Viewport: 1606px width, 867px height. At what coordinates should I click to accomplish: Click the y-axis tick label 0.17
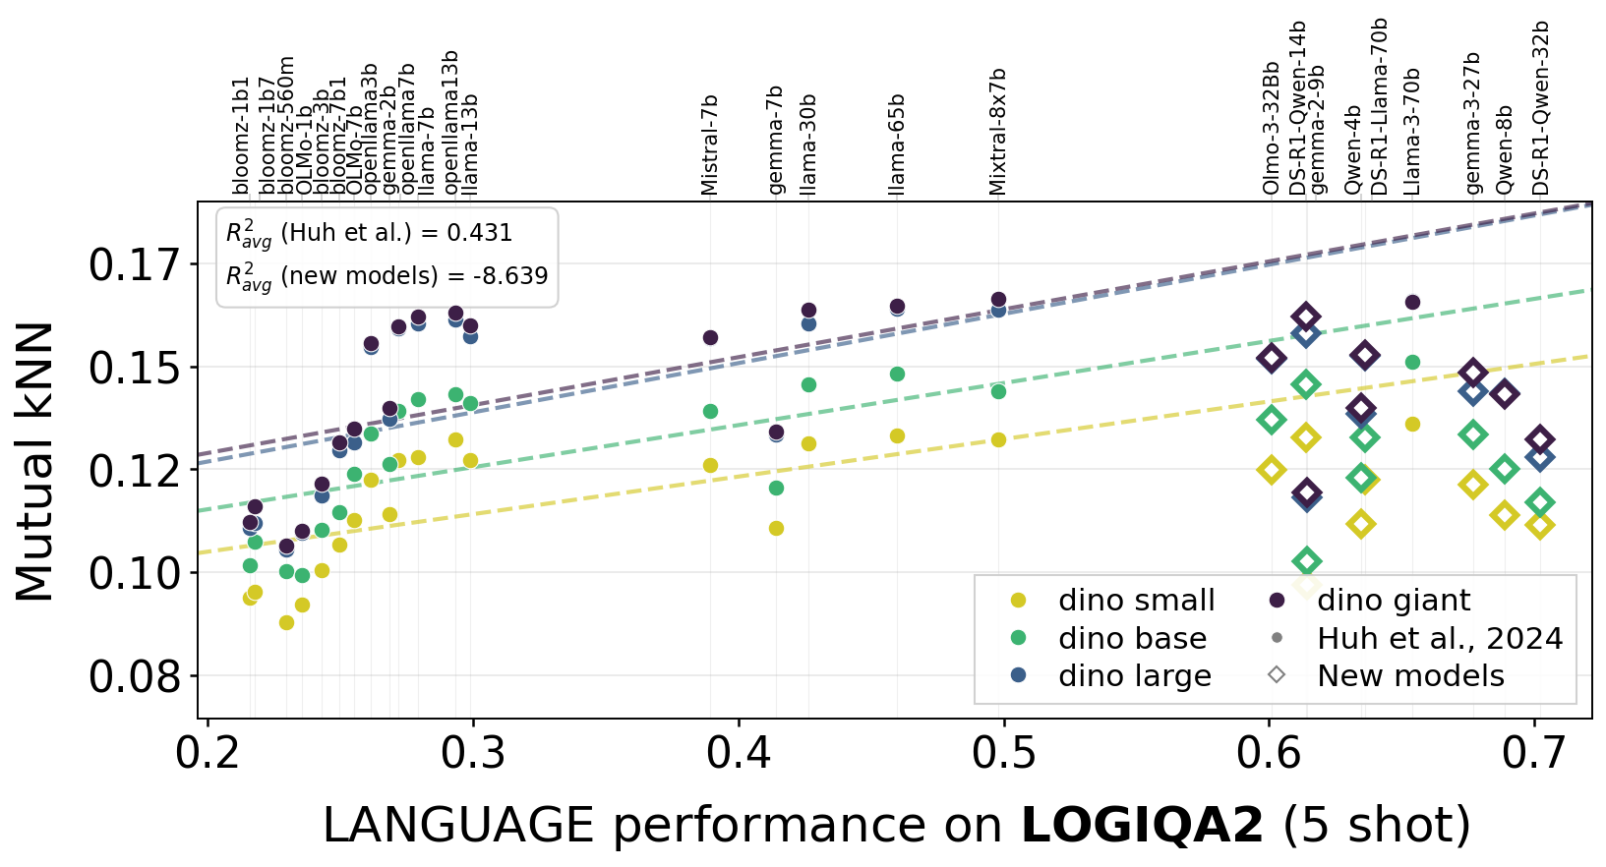(135, 265)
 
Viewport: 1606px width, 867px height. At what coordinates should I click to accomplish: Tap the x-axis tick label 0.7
(1534, 753)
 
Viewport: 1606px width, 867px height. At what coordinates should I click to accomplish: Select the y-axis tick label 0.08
(135, 677)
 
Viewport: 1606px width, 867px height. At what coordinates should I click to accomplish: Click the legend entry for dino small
(1136, 601)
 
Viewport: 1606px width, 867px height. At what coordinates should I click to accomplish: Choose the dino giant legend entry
(1394, 601)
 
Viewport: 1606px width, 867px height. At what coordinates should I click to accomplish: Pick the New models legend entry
(1410, 676)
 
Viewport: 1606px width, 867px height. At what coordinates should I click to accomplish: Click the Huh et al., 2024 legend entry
(1440, 639)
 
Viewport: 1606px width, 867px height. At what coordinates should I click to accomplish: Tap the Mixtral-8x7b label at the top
(998, 132)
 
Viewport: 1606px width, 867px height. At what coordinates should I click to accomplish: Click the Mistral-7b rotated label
(710, 145)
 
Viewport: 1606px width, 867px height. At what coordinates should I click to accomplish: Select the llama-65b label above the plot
(897, 145)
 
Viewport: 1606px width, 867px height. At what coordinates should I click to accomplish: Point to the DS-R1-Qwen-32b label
(1541, 108)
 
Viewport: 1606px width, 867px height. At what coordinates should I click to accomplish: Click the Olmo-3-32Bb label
(1271, 128)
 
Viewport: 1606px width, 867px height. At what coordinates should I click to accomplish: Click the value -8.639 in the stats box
(508, 276)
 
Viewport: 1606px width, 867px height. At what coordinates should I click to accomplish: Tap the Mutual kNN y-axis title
(35, 461)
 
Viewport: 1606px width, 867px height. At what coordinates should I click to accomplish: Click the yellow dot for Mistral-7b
(710, 465)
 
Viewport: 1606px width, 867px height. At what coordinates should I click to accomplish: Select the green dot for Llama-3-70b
(1412, 362)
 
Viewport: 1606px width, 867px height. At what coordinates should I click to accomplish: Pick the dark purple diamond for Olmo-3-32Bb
(1271, 358)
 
